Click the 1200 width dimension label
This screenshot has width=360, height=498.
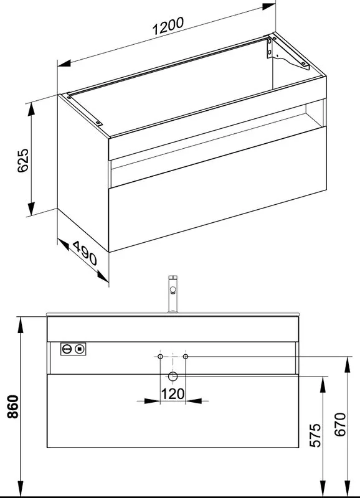pyautogui.click(x=168, y=26)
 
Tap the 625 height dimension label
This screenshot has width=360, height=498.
pyautogui.click(x=23, y=161)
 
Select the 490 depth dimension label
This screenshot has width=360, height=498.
pyautogui.click(x=85, y=253)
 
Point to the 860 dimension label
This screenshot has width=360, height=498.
pyautogui.click(x=13, y=406)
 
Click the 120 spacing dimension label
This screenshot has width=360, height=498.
pyautogui.click(x=173, y=394)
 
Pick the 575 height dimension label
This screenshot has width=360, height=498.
pyautogui.click(x=316, y=435)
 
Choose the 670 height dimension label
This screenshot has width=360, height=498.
pyautogui.click(x=339, y=425)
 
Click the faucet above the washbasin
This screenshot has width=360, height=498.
pyautogui.click(x=173, y=294)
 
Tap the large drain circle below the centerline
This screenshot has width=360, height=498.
pyautogui.click(x=173, y=377)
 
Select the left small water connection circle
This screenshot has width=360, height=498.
pyautogui.click(x=161, y=356)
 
